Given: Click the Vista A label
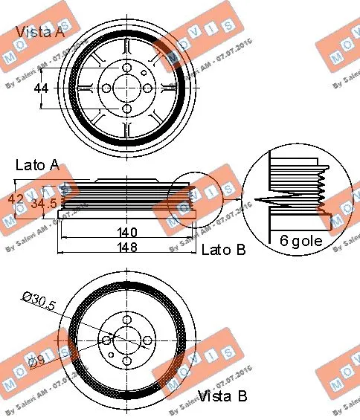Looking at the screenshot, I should [x=40, y=32].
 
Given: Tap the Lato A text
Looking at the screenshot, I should [x=36, y=166].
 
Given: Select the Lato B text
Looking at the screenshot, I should [x=224, y=250].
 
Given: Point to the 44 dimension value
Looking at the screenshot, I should [x=43, y=88].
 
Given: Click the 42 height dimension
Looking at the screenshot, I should [x=16, y=200].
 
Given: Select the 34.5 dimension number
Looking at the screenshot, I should [x=43, y=201].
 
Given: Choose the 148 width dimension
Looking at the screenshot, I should [x=126, y=248].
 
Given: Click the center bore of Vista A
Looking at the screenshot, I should [x=126, y=88].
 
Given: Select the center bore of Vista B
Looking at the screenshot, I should [x=126, y=340].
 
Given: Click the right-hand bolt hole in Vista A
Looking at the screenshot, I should [x=147, y=88].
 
